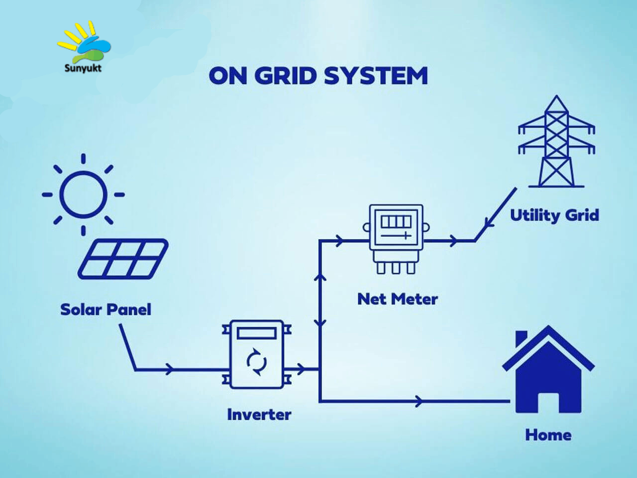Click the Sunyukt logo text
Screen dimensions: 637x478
pyautogui.click(x=83, y=68)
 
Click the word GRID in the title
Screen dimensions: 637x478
pyautogui.click(x=285, y=76)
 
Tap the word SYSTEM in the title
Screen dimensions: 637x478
pyautogui.click(x=376, y=76)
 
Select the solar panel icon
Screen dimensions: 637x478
pyautogui.click(x=123, y=259)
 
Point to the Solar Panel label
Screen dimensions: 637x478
pyautogui.click(x=106, y=310)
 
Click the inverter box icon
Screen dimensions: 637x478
pyautogui.click(x=256, y=354)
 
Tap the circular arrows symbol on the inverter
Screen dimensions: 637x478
pyautogui.click(x=256, y=362)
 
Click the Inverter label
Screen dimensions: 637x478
pyautogui.click(x=259, y=414)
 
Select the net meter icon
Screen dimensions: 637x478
pyautogui.click(x=396, y=239)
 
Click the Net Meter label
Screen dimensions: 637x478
pyautogui.click(x=398, y=299)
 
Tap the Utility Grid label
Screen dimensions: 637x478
pyautogui.click(x=554, y=215)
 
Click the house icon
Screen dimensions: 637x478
pyautogui.click(x=548, y=369)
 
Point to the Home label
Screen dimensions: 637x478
pyautogui.click(x=548, y=435)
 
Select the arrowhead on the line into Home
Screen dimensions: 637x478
pyautogui.click(x=419, y=401)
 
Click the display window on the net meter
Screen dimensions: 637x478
pyautogui.click(x=396, y=222)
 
